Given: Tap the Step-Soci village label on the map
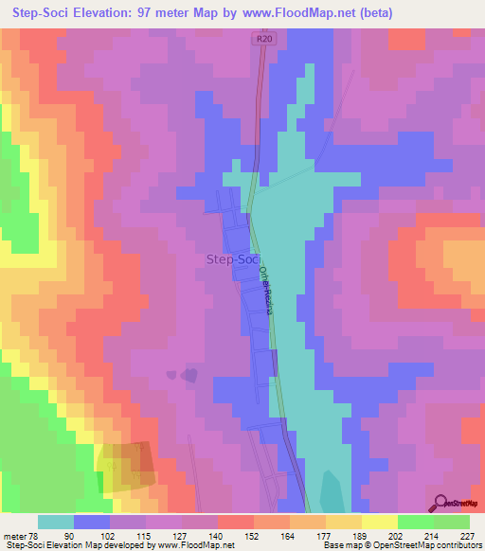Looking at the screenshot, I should (233, 258).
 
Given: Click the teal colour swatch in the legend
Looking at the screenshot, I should (56, 522).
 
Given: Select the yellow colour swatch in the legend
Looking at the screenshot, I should (380, 522).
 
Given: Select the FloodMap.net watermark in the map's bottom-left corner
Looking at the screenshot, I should (23, 503).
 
